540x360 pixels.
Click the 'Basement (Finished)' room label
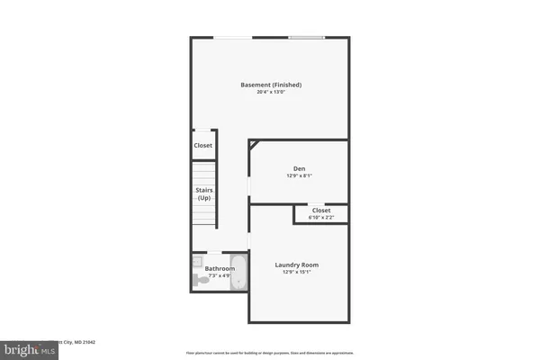(x=271, y=85)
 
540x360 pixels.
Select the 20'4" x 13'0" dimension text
(x=271, y=92)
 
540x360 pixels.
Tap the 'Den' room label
(x=299, y=168)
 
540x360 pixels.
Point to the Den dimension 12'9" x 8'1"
(x=299, y=175)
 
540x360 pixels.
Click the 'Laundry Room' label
(x=296, y=265)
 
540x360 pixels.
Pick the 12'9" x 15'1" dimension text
(x=296, y=273)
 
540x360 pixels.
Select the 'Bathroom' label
(x=220, y=268)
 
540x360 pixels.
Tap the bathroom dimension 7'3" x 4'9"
(x=220, y=275)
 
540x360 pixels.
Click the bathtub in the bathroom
(x=239, y=274)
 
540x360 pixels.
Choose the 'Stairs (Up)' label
(x=203, y=193)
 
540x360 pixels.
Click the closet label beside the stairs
(x=203, y=145)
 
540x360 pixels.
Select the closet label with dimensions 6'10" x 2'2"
(x=321, y=211)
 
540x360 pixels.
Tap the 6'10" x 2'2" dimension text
(x=321, y=218)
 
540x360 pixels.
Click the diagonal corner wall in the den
(x=254, y=145)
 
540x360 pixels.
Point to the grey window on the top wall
(x=307, y=37)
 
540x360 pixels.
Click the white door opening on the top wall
(x=232, y=37)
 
